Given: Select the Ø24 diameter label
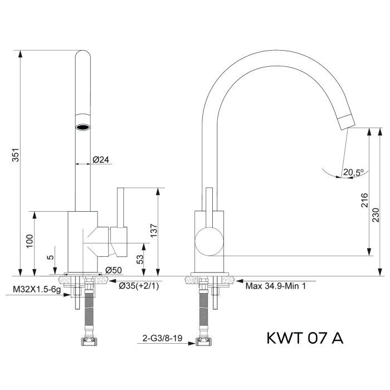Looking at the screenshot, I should [100, 159].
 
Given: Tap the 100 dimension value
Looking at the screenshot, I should [30, 240].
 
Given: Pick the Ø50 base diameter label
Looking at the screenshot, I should [113, 270].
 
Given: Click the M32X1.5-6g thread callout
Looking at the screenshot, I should [36, 290].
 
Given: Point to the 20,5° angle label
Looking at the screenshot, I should [353, 172].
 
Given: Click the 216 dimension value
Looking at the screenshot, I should [364, 200].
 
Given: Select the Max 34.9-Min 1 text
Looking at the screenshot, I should [276, 286].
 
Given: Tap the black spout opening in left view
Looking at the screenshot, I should [82, 126].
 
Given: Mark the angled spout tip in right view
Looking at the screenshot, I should [345, 119].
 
